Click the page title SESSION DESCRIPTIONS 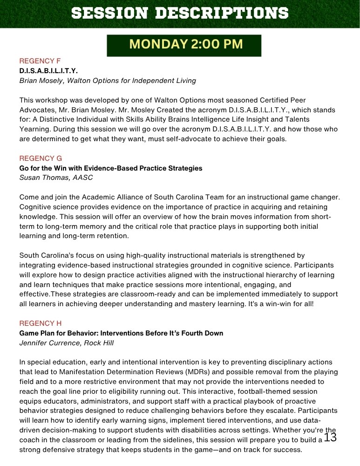click(180, 13)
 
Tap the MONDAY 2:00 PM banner click(184, 45)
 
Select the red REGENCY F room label click(40, 61)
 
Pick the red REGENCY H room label click(40, 323)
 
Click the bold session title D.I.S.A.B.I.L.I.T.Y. click(48, 71)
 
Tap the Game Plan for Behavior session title click(121, 333)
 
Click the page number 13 click(330, 438)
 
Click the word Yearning click(35, 130)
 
